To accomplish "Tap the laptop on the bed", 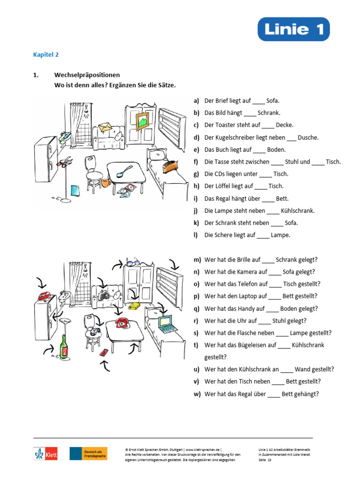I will (165, 323).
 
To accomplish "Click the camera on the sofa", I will (104, 295).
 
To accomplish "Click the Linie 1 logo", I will (293, 29).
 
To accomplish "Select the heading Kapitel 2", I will (45, 54).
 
